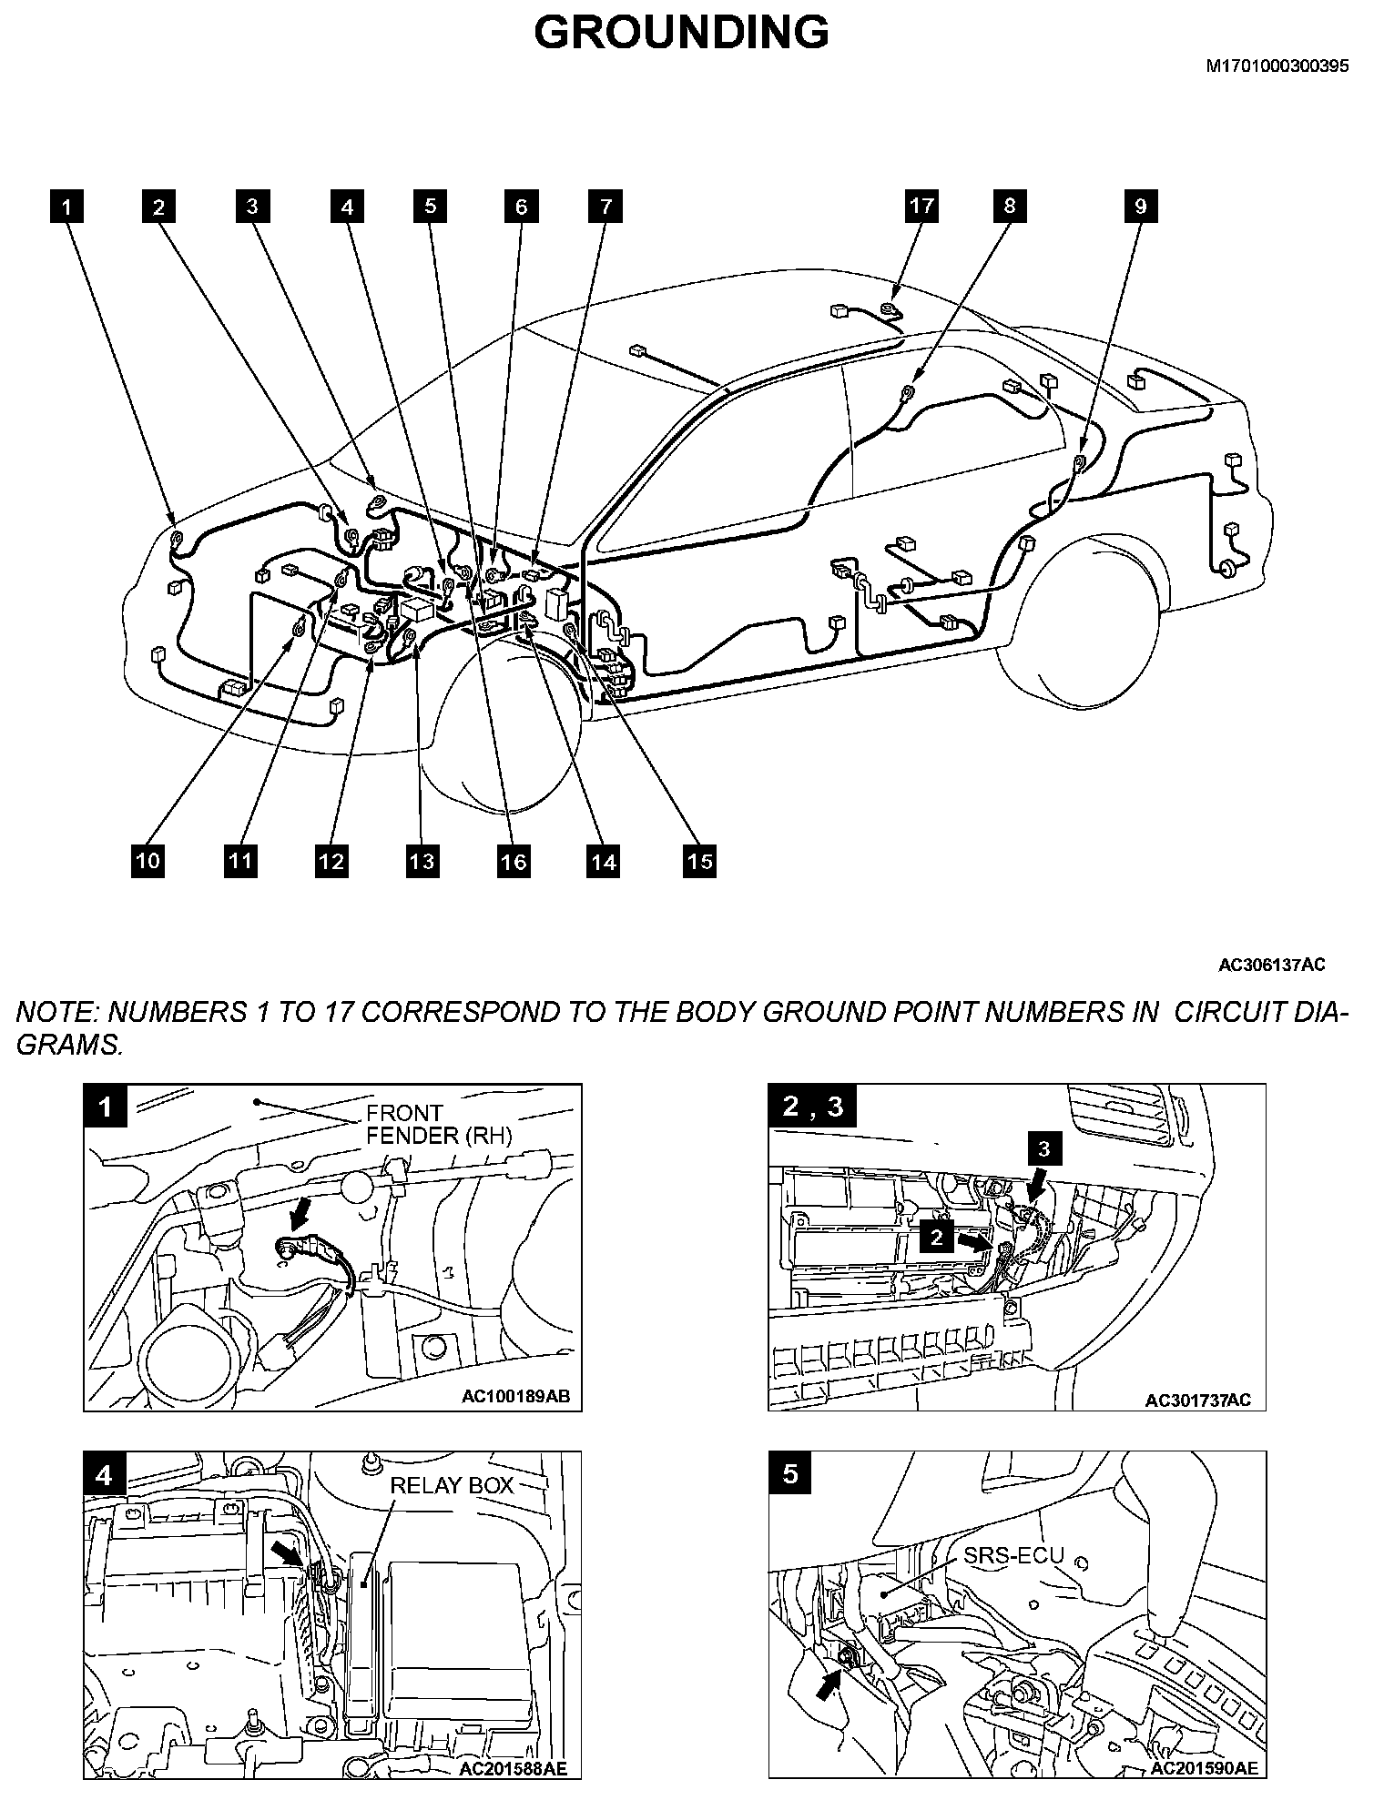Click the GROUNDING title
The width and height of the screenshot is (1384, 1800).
tap(681, 34)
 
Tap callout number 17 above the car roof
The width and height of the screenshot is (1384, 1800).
tap(921, 206)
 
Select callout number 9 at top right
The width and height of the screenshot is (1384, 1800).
tap(1140, 206)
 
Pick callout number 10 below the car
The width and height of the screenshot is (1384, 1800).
tap(148, 860)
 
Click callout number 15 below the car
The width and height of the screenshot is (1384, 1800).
tap(698, 860)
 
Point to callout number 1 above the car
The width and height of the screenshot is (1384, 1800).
tap(66, 207)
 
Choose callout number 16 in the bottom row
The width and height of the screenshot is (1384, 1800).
tap(514, 860)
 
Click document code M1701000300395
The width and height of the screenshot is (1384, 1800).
tap(1277, 66)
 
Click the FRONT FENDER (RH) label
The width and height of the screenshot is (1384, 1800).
tap(439, 1124)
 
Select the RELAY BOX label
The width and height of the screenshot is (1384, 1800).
tap(452, 1485)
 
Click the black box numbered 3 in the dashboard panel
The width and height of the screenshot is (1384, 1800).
tap(1043, 1148)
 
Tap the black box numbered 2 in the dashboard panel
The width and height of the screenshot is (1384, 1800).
tap(937, 1236)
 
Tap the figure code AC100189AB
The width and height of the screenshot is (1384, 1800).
tap(528, 1397)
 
